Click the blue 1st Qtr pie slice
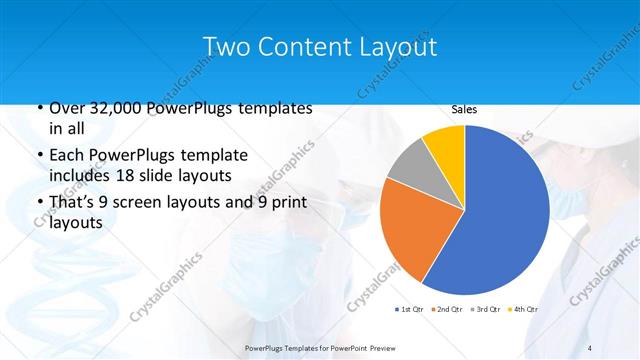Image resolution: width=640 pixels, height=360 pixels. (x=500, y=210)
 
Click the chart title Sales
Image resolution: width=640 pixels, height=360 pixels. (x=464, y=109)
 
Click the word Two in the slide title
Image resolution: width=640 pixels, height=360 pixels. (x=226, y=47)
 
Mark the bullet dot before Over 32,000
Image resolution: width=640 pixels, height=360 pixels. (x=38, y=109)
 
